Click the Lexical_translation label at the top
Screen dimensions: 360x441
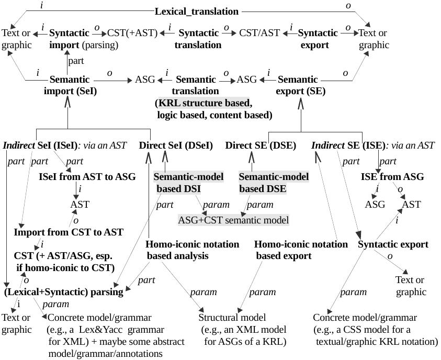coord(197,11)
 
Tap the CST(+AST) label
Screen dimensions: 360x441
coord(132,32)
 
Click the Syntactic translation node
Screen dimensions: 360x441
coord(198,39)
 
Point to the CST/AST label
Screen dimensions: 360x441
coord(259,32)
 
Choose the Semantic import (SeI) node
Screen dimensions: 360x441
coord(70,85)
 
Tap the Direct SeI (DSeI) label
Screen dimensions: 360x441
coord(176,145)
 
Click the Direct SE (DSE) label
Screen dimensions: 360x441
coord(261,145)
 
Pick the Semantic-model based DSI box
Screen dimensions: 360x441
coord(188,183)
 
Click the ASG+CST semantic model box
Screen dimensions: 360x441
coord(233,220)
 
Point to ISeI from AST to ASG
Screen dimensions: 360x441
coord(83,176)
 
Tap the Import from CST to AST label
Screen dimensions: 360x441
coord(69,232)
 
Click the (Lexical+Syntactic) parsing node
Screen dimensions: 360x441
coord(63,291)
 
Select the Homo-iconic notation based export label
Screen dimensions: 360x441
coord(300,250)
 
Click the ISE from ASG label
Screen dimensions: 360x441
coord(392,176)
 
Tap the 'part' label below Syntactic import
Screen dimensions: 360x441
coord(76,61)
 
